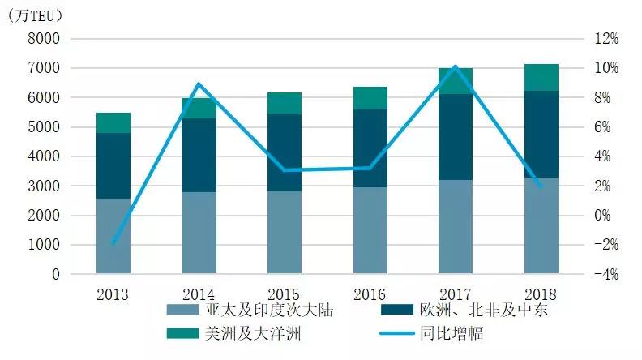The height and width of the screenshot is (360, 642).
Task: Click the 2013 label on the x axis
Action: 113,293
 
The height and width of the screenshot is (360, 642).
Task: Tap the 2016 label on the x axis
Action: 369,293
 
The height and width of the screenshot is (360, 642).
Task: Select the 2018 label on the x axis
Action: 541,293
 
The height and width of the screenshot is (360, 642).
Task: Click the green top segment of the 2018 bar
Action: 541,77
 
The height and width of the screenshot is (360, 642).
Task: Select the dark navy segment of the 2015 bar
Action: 285,152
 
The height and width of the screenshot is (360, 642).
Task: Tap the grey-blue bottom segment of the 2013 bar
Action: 113,236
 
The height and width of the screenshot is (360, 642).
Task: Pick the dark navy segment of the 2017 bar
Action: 455,137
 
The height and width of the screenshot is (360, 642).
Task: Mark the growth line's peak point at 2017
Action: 455,66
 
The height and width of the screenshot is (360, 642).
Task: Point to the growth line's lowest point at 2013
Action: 113,243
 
